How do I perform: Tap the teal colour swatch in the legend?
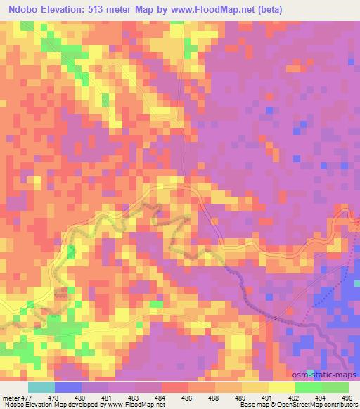41,387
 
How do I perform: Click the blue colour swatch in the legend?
68,387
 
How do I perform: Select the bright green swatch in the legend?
308,387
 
